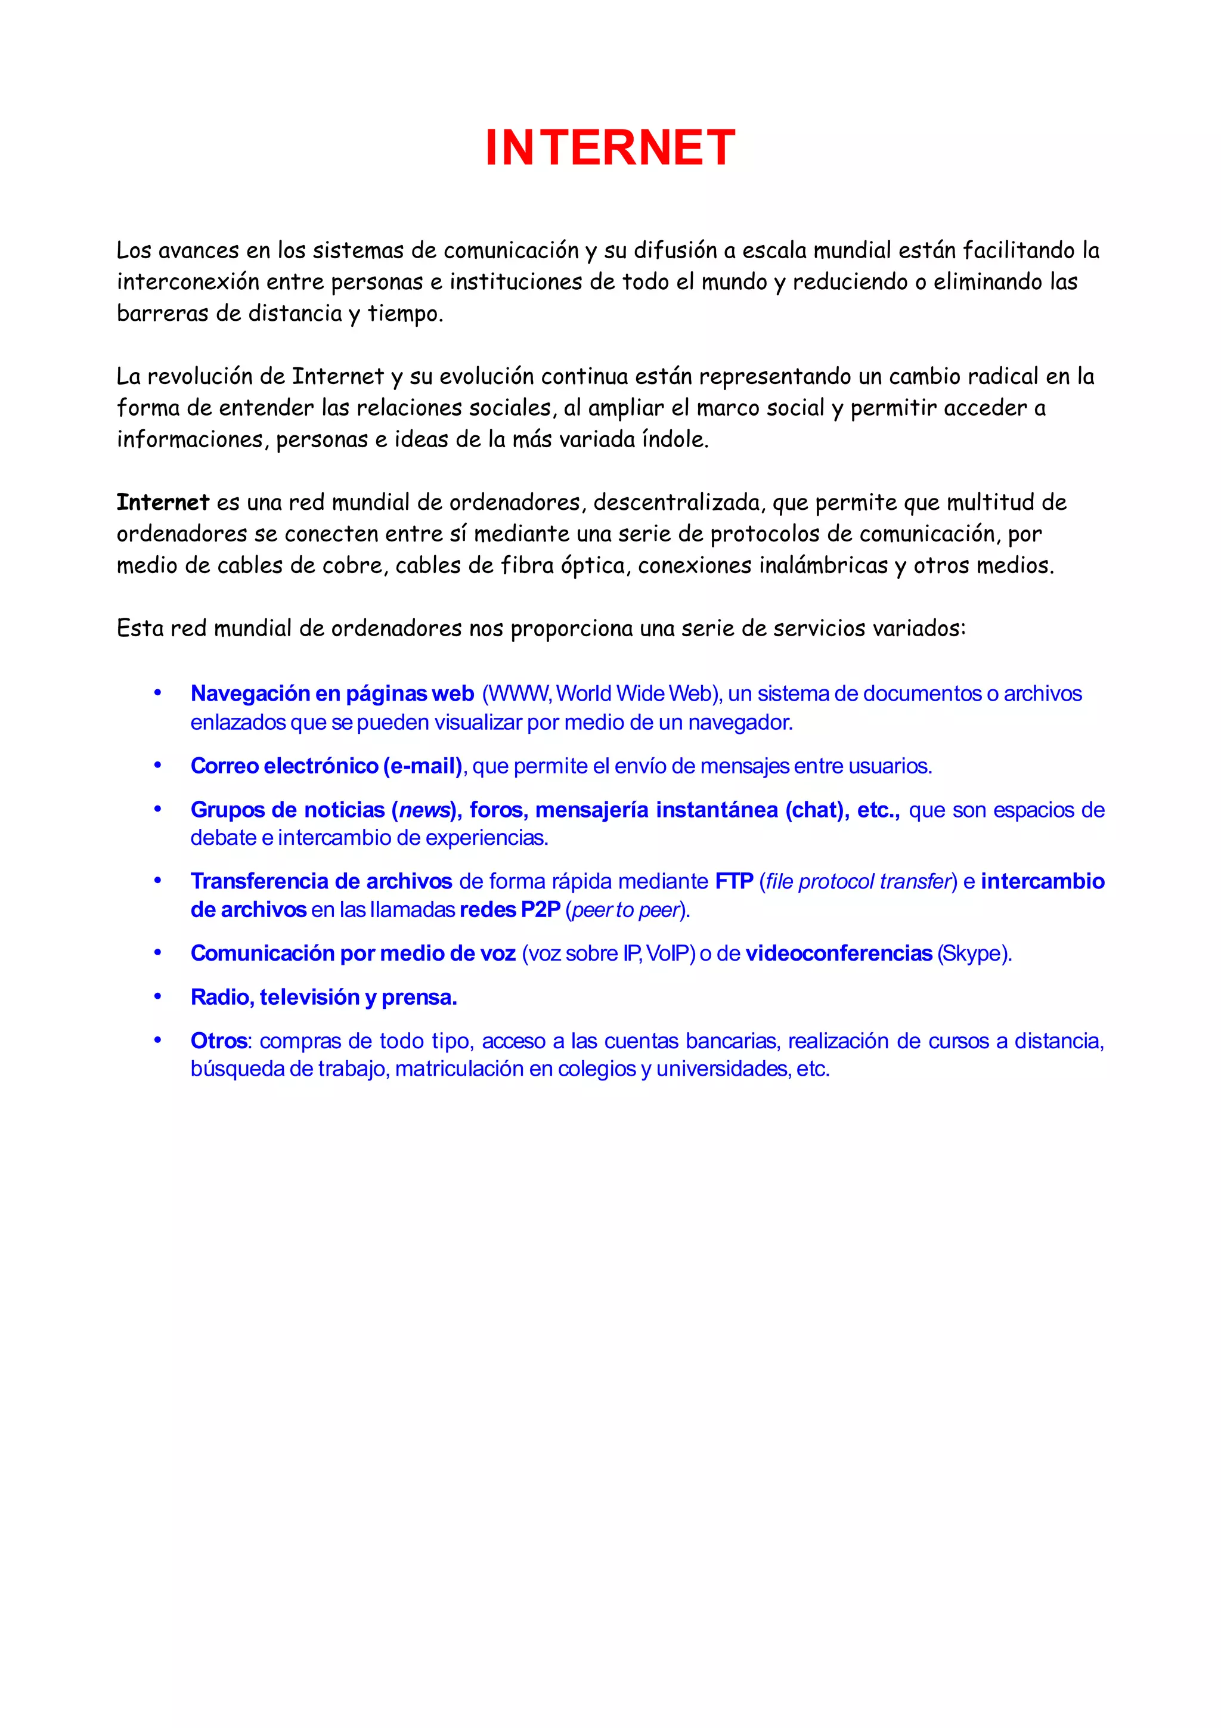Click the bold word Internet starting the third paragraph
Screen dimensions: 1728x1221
pyautogui.click(x=163, y=502)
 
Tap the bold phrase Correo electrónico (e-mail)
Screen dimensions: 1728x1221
pyautogui.click(x=326, y=766)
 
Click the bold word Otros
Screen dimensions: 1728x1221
pyautogui.click(x=218, y=1041)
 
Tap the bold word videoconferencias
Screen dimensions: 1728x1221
pyautogui.click(x=838, y=953)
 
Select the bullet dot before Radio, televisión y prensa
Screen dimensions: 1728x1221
pyautogui.click(x=158, y=996)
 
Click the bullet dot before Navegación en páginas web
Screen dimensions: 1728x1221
pyautogui.click(x=158, y=692)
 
